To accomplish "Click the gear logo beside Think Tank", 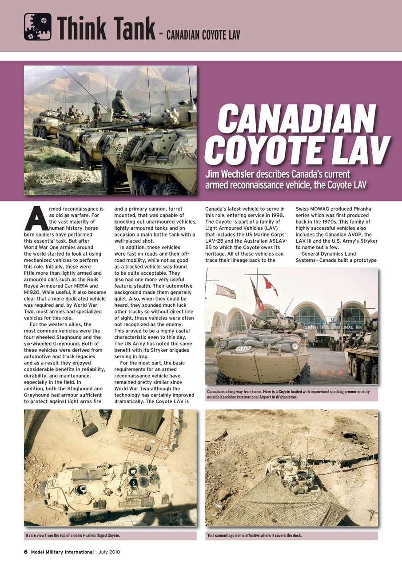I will [x=37, y=27].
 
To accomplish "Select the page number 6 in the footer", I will [x=26, y=552].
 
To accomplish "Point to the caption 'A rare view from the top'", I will [x=73, y=535].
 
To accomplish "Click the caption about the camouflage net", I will [x=254, y=535].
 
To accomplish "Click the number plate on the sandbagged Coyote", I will [x=243, y=349].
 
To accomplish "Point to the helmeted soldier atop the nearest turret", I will [x=119, y=102].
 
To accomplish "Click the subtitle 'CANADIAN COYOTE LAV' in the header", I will [x=203, y=35].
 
